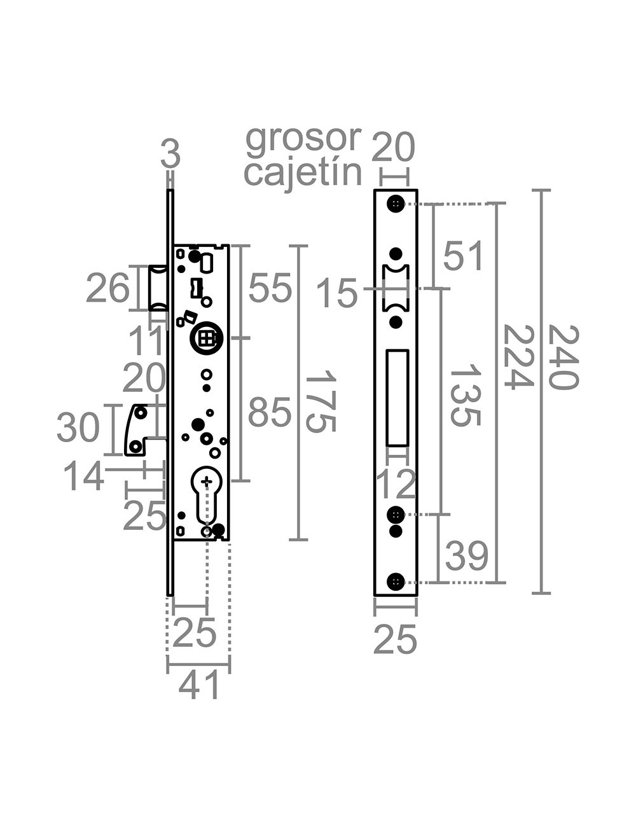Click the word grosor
coord(303,139)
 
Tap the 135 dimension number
coord(466,395)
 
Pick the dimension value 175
coord(320,401)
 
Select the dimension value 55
coord(270,288)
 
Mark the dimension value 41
coord(199,686)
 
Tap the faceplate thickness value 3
coord(170,155)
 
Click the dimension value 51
coord(464,256)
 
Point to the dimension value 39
coord(466,555)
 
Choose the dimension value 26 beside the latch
coord(107,289)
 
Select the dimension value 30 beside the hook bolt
coord(78,427)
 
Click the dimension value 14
coord(83,476)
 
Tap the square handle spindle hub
coord(206,338)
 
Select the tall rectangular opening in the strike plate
coord(397,398)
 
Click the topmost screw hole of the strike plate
coord(396,204)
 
